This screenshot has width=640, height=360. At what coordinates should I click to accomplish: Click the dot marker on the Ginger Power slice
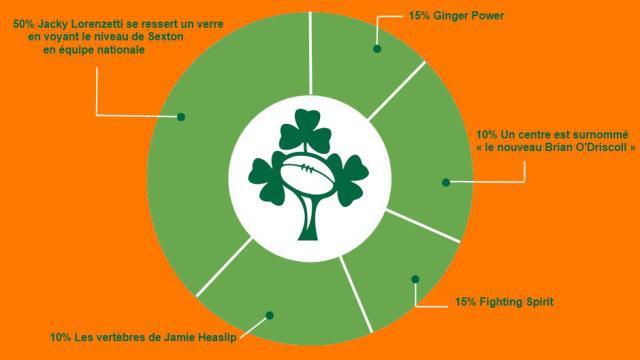pyautogui.click(x=377, y=47)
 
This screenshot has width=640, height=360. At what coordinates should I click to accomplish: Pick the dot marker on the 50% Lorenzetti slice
pyautogui.click(x=181, y=117)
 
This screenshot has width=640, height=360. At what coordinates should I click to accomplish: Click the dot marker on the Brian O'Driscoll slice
pyautogui.click(x=445, y=182)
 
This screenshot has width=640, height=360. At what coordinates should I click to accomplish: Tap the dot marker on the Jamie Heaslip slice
pyautogui.click(x=268, y=315)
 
